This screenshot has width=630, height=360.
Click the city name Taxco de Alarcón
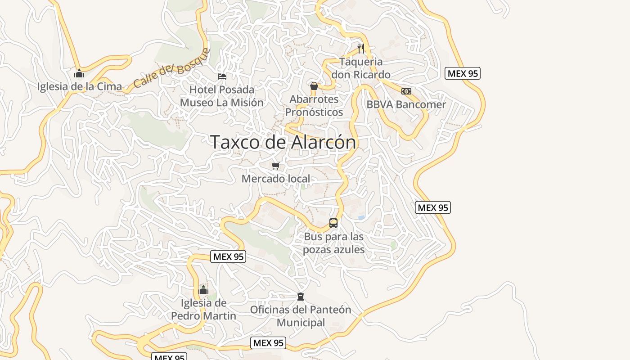283,142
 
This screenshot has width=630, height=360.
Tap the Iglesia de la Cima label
79,86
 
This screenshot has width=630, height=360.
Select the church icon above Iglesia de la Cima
79,73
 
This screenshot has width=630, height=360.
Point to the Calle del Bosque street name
171,68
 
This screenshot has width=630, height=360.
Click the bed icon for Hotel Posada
222,76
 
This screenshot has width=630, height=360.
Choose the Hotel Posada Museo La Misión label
222,96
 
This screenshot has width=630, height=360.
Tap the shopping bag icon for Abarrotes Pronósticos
314,86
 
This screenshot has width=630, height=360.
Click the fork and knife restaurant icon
360,48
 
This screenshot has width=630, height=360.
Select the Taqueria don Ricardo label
361,68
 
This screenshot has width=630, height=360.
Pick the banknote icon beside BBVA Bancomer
406,91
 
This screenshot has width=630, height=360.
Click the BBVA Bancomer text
406,104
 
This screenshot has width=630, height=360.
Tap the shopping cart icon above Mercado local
276,166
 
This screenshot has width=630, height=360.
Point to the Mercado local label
276,179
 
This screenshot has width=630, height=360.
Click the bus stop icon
333,223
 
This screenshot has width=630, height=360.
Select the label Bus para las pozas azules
333,243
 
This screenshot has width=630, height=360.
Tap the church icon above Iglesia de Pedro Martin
203,290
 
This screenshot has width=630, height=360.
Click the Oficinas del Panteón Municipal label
301,316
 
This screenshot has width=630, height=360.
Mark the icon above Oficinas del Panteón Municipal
301,297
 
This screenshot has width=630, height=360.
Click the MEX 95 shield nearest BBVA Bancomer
463,73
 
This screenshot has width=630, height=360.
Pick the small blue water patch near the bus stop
361,217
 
